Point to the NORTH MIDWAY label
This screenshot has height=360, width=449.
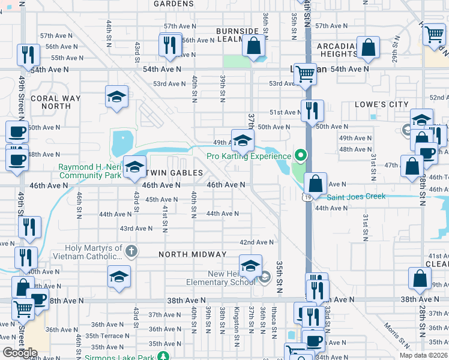coord(192,254)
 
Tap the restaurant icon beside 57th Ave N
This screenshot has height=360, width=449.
coord(170,44)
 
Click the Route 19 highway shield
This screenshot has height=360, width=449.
coord(306,196)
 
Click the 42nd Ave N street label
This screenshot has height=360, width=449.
coord(256,242)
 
